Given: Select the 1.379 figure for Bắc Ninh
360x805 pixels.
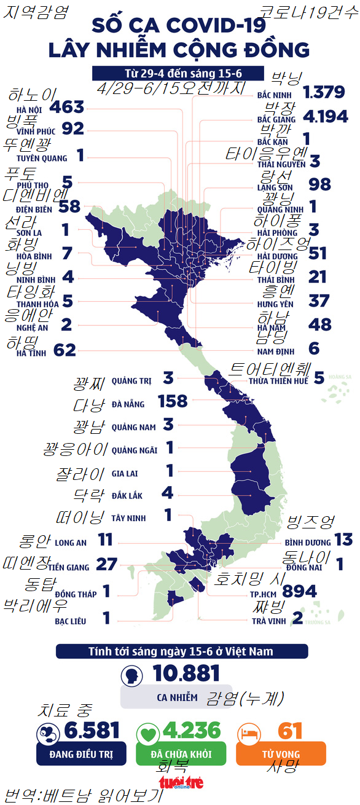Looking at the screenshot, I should (324, 93).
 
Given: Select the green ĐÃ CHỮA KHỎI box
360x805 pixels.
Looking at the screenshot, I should (181, 753).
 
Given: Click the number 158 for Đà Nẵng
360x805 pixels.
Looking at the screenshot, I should (172, 401).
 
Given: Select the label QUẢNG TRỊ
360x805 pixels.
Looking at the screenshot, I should (131, 381).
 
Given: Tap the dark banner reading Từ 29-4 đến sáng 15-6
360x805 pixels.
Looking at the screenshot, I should (178, 73).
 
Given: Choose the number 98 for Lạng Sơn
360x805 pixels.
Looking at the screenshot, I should (319, 184).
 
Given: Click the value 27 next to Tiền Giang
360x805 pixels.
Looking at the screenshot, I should (107, 565).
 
